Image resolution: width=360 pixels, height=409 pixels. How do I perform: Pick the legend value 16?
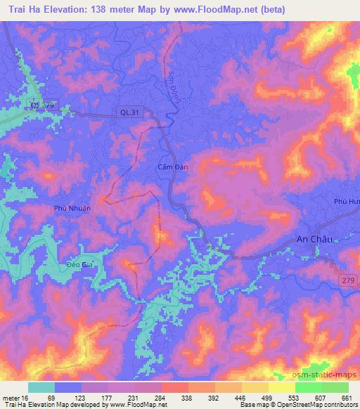(x=24, y=398)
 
